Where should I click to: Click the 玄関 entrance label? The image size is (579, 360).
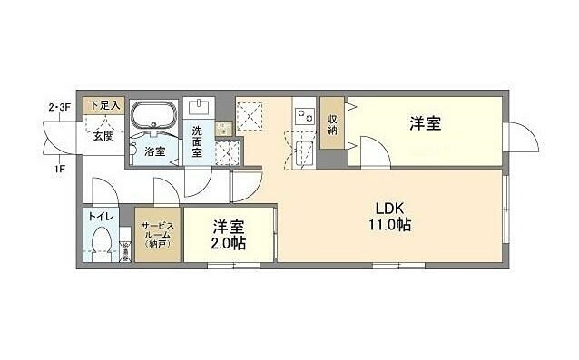click(103, 137)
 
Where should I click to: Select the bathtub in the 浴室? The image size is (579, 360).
click(153, 118)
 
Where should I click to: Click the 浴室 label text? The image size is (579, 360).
click(154, 151)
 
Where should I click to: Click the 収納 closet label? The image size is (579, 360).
click(333, 122)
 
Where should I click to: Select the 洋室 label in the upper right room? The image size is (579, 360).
click(425, 123)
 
